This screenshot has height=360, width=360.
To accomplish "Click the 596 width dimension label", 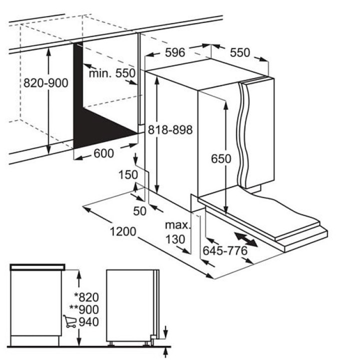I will [x=175, y=52].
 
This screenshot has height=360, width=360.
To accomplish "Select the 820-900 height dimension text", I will [x=46, y=83].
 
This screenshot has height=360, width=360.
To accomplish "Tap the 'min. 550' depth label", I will [x=112, y=73].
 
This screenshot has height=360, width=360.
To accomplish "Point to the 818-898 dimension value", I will [x=170, y=129].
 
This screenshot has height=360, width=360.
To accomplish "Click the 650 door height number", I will [x=221, y=159].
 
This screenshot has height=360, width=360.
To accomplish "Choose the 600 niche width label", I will [x=103, y=153].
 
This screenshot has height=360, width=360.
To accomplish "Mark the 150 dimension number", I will [x=128, y=174].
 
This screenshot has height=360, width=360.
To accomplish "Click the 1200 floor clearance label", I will [x=123, y=231].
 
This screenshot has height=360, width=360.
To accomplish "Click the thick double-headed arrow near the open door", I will [x=245, y=239].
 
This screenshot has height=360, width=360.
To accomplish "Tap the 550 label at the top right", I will [x=240, y=52].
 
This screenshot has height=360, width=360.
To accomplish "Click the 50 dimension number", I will [x=140, y=211].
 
